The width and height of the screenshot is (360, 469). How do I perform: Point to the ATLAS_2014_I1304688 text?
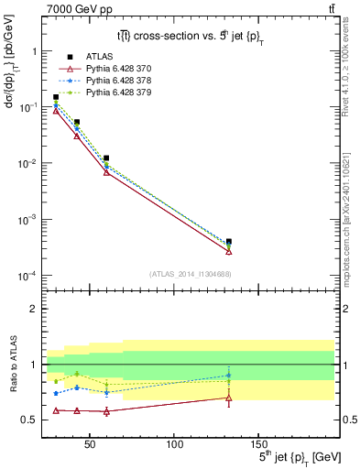point(190,273)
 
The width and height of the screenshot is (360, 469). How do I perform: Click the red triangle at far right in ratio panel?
point(229,398)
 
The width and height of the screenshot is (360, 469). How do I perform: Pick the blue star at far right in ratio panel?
point(229,375)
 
